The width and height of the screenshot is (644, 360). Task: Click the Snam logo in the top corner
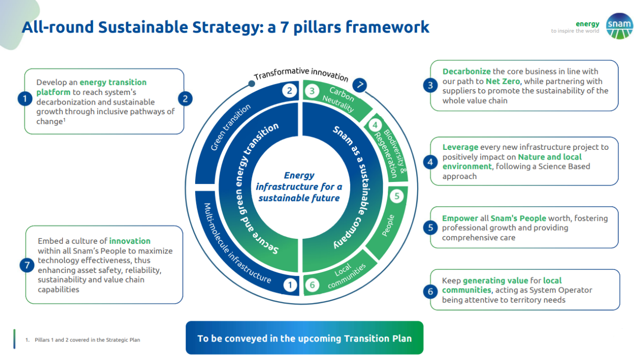(619, 26)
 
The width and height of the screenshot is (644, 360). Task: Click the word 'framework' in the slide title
(388, 27)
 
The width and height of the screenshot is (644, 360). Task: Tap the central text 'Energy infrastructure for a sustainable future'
(299, 187)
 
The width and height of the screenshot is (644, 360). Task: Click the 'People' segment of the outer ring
(388, 225)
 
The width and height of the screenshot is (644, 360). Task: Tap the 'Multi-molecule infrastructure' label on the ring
(236, 243)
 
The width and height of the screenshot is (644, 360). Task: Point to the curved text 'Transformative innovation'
(301, 74)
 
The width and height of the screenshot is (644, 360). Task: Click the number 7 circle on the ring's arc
(359, 84)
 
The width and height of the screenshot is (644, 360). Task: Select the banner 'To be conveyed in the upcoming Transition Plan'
(304, 338)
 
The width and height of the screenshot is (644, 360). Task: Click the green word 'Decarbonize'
(466, 71)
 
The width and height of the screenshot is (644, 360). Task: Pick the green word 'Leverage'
(460, 147)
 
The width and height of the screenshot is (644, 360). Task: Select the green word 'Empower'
(460, 218)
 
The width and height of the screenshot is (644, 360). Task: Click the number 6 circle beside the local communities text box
(430, 291)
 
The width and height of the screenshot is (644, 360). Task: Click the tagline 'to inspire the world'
(575, 31)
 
